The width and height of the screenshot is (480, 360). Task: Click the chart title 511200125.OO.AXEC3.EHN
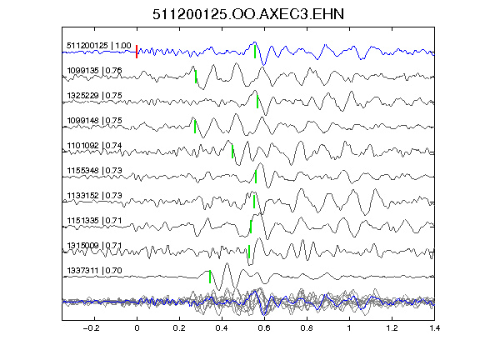pos(248,14)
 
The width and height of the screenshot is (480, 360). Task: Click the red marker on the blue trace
pos(137,52)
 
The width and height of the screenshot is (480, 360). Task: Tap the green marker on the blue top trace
pos(255,52)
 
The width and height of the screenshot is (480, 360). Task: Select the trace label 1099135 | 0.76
pos(94,71)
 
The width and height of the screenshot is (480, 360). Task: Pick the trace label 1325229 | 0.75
pos(94,96)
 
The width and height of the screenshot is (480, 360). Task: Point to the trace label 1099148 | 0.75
pos(94,121)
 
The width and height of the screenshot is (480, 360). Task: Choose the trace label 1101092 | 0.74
pos(94,145)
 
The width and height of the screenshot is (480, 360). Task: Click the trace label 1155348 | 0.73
pos(94,171)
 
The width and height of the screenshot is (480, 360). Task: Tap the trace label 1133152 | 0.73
pos(94,196)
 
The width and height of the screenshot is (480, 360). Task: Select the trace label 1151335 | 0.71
pos(94,221)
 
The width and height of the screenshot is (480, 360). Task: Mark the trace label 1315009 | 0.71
pos(94,246)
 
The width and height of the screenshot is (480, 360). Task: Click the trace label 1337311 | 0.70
pos(94,271)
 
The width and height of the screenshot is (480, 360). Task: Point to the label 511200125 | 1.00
pos(99,46)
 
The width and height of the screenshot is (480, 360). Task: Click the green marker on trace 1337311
pos(210,277)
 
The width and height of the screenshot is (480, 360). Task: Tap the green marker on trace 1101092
pos(232,152)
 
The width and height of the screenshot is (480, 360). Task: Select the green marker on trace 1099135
pos(196,77)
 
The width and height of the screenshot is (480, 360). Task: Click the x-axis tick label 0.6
pos(264,328)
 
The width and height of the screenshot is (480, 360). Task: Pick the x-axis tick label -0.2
pos(91,328)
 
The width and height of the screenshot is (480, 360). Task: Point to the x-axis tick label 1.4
pos(434,328)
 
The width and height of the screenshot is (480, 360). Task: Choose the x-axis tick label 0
pos(137,328)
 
